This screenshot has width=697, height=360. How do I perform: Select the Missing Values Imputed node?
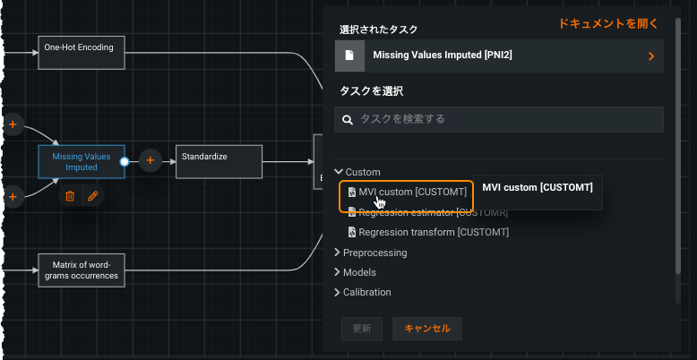point(82,161)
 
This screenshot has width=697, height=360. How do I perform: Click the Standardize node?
point(219,161)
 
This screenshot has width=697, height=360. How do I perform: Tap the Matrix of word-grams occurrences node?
point(80,270)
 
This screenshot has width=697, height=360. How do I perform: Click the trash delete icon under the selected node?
point(70,195)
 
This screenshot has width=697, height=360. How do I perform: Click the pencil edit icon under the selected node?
point(92,195)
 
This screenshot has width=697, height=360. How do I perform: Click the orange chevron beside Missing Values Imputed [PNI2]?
point(651,56)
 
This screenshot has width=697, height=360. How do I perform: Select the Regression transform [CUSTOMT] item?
point(434,232)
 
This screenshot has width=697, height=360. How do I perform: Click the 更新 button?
point(362,328)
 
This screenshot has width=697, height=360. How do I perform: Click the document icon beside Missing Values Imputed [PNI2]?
point(350,56)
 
